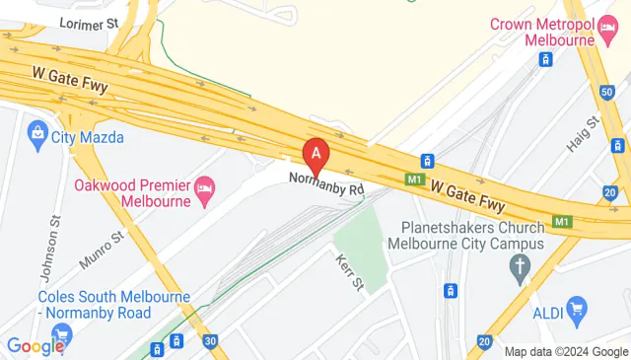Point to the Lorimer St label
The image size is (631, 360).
[x=88, y=21]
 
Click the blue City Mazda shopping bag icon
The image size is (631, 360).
[x=38, y=130]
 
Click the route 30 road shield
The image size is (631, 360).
[x=209, y=340]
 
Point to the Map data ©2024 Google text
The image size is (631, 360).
[x=566, y=352]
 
